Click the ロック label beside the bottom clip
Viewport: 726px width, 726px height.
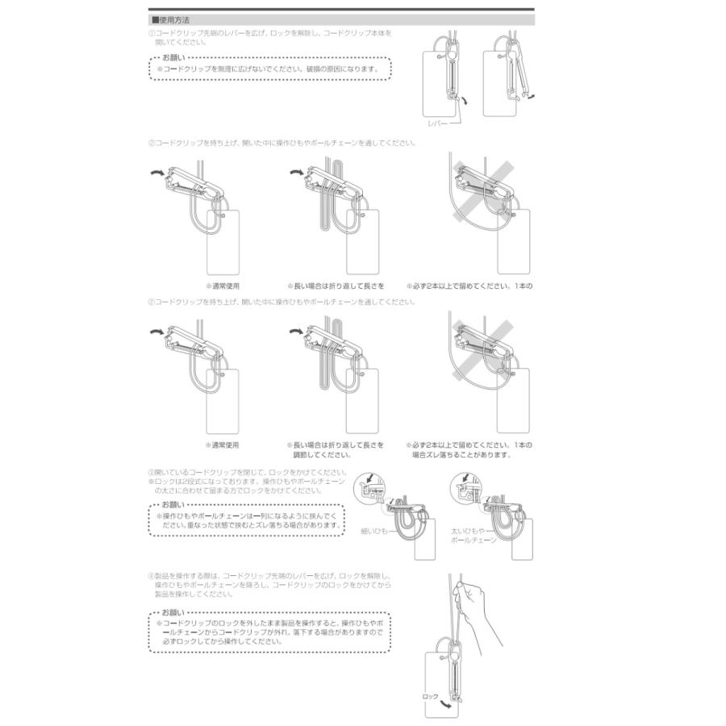click(430, 695)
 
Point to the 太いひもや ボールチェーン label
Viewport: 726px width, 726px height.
click(473, 536)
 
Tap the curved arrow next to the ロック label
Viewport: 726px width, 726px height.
click(446, 703)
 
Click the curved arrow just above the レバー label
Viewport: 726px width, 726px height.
click(462, 100)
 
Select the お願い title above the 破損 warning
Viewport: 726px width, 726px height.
click(173, 59)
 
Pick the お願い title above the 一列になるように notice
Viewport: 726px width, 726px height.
click(173, 505)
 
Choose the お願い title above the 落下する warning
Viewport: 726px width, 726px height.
click(173, 614)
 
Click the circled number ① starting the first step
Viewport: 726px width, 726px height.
click(151, 33)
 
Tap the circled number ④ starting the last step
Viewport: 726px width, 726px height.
click(151, 576)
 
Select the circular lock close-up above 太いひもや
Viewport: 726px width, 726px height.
click(465, 486)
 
